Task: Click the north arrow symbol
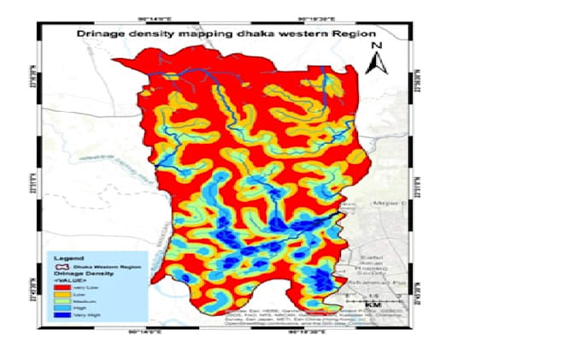pyautogui.click(x=378, y=62)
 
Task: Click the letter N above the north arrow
pyautogui.click(x=378, y=45)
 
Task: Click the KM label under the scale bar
pyautogui.click(x=373, y=305)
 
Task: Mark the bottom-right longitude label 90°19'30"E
pyautogui.click(x=312, y=331)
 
